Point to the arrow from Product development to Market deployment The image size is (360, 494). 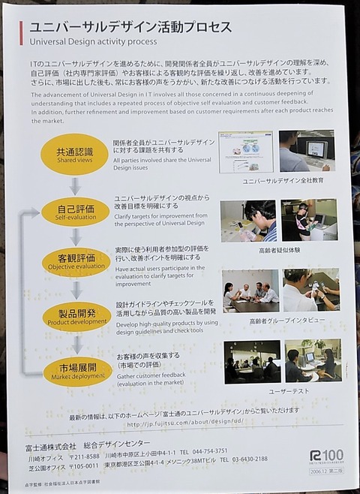click(x=77, y=345)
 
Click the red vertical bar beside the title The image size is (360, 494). click(x=21, y=33)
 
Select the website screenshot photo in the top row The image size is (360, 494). click(x=245, y=152)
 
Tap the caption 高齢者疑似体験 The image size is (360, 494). click(x=277, y=250)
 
